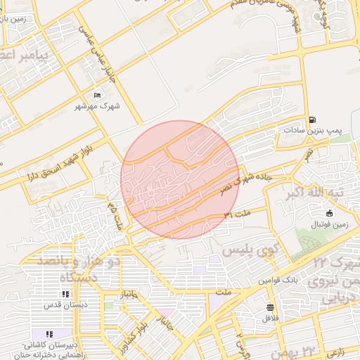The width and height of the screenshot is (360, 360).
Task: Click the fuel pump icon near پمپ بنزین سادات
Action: click(312, 120)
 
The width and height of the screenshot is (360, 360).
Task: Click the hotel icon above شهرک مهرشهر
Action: click(98, 95)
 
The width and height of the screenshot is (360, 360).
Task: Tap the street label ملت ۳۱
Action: click(237, 212)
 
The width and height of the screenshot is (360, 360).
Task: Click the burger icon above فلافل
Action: click(271, 307)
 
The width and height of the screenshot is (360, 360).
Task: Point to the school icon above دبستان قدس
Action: click(65, 294)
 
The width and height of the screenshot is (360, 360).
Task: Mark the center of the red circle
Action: click(180, 179)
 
